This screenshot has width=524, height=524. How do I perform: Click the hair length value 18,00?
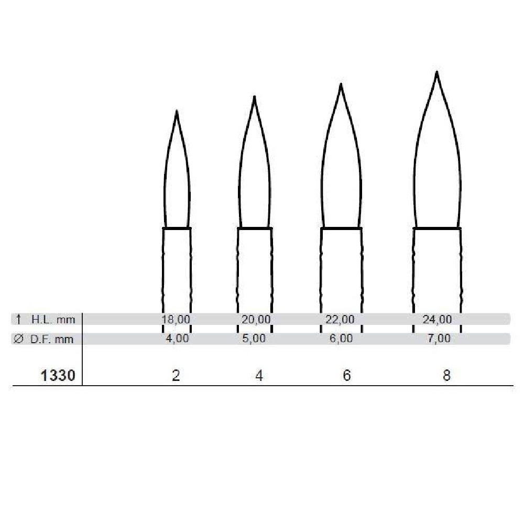(x=176, y=319)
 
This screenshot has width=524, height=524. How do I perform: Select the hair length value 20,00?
(x=256, y=319)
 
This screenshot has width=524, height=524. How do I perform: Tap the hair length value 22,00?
(x=340, y=319)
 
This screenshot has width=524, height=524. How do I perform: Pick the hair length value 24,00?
(x=437, y=319)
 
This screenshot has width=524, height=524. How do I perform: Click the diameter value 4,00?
(x=178, y=339)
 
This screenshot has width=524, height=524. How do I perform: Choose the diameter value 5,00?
(x=254, y=339)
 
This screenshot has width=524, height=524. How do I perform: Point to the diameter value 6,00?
(x=341, y=339)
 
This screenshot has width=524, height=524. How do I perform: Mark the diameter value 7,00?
(x=439, y=339)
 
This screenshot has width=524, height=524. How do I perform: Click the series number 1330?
(x=58, y=376)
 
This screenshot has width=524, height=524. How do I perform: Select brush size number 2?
(x=176, y=376)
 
